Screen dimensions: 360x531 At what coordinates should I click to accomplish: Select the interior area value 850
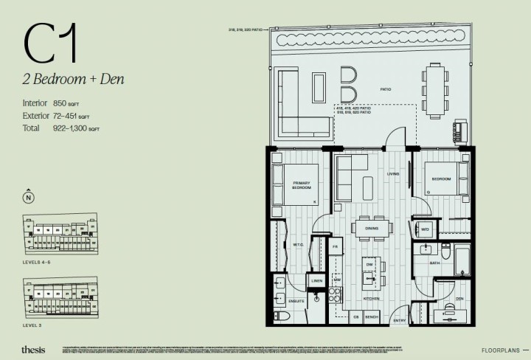[x=60, y=103]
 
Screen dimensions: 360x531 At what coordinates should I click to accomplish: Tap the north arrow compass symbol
[x=28, y=197]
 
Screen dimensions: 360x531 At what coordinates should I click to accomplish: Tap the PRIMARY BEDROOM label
[x=302, y=184]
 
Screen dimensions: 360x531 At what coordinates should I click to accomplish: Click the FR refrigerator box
[x=334, y=246]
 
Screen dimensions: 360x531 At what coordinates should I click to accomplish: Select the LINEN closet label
[x=316, y=281]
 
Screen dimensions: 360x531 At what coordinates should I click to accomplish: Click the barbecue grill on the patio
[x=460, y=131]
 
